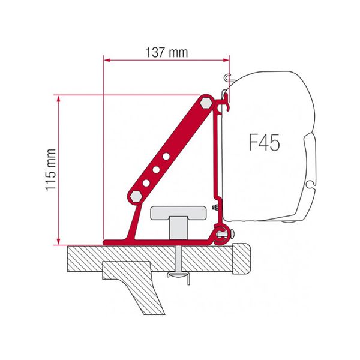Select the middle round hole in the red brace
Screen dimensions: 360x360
click(157, 170)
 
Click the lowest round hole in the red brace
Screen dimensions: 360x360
click(146, 184)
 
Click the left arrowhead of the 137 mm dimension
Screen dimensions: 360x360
click(106, 59)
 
